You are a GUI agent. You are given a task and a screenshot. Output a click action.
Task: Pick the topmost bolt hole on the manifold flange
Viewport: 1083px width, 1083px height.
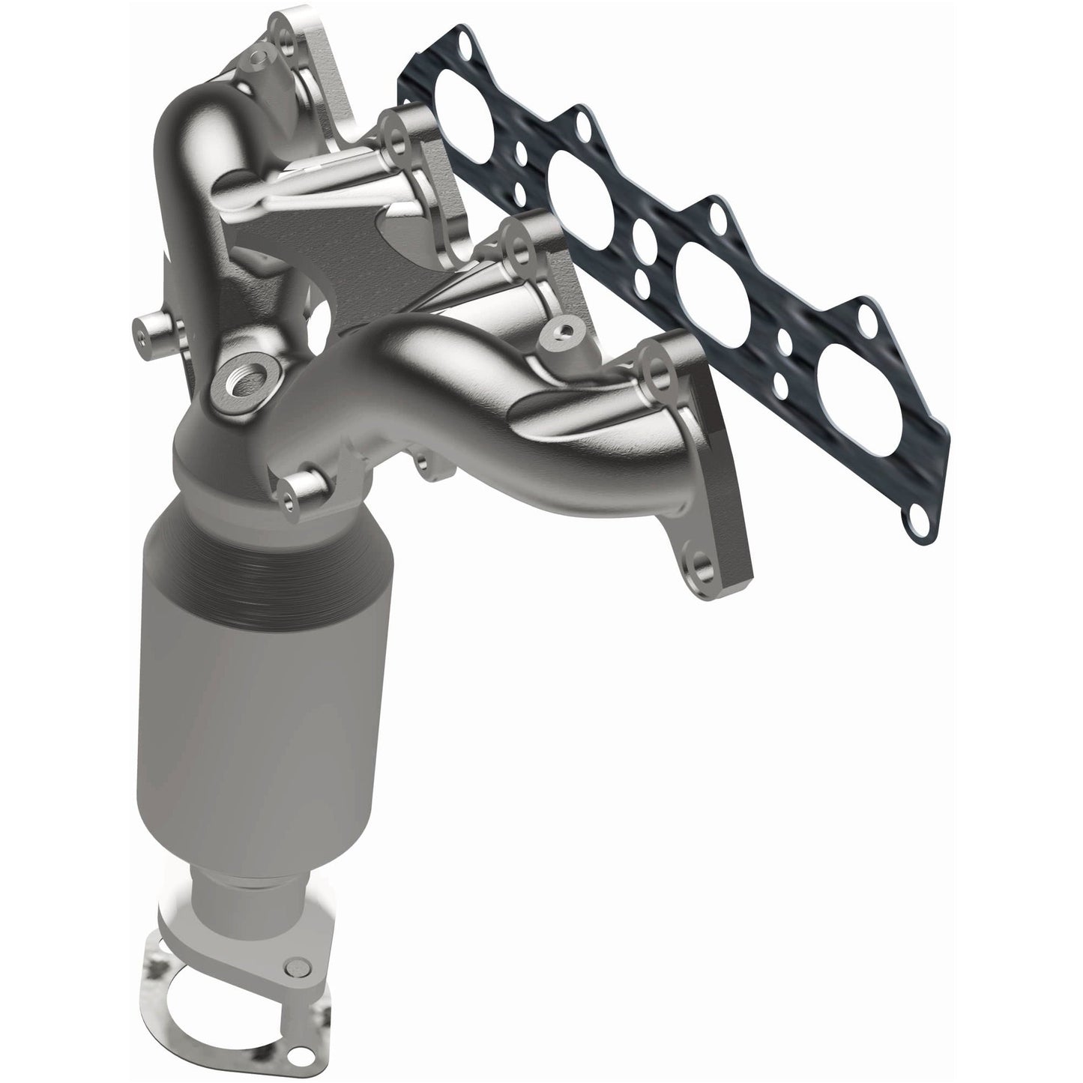(x=283, y=31)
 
